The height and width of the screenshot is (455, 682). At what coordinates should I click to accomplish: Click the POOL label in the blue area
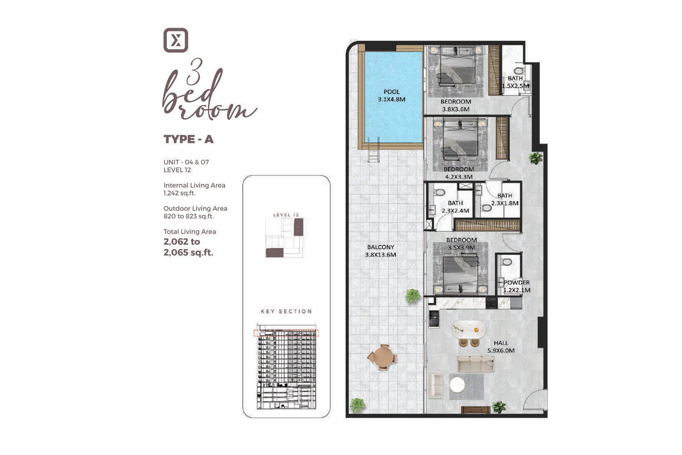[x=391, y=92]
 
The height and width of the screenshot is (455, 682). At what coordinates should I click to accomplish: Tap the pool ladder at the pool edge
[x=374, y=150]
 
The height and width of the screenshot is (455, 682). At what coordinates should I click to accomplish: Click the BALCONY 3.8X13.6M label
[x=381, y=251]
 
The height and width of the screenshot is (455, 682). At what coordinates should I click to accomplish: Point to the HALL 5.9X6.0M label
[x=501, y=347]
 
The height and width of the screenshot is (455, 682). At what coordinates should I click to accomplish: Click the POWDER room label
[x=517, y=283]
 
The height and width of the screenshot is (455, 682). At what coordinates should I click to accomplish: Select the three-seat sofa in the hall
[x=476, y=364]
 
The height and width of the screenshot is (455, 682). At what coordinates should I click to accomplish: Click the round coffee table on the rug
[x=457, y=385]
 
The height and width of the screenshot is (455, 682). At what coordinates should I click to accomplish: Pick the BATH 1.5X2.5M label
[x=516, y=82]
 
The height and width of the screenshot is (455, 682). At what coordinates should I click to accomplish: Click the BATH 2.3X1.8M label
[x=505, y=199]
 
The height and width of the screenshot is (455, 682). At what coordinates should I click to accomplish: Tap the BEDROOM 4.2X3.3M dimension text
[x=459, y=177]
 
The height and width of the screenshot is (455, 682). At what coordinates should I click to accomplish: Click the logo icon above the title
[x=176, y=40]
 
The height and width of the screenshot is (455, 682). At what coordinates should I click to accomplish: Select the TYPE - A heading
[x=189, y=139]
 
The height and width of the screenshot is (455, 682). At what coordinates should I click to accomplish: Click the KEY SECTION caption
[x=286, y=312]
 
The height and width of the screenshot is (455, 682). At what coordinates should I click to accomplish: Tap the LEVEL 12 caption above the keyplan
[x=286, y=215]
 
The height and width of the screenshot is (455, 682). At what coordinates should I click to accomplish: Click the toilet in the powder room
[x=506, y=262]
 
